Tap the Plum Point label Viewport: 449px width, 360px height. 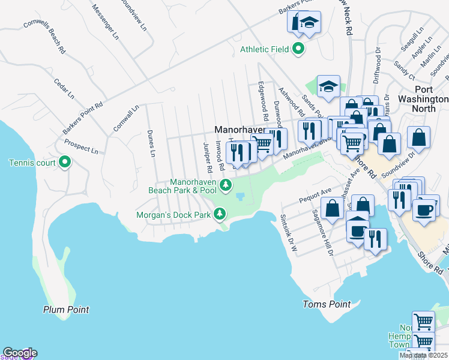[66, 310]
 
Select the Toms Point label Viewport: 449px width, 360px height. [327, 304]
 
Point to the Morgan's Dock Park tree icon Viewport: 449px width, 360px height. [220, 214]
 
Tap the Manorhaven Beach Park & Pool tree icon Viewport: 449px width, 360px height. [226, 185]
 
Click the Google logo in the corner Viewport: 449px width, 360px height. [19, 353]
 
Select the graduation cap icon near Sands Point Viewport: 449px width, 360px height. [328, 87]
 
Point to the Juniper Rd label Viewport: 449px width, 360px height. [207, 155]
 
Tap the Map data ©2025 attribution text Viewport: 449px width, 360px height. [424, 355]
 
